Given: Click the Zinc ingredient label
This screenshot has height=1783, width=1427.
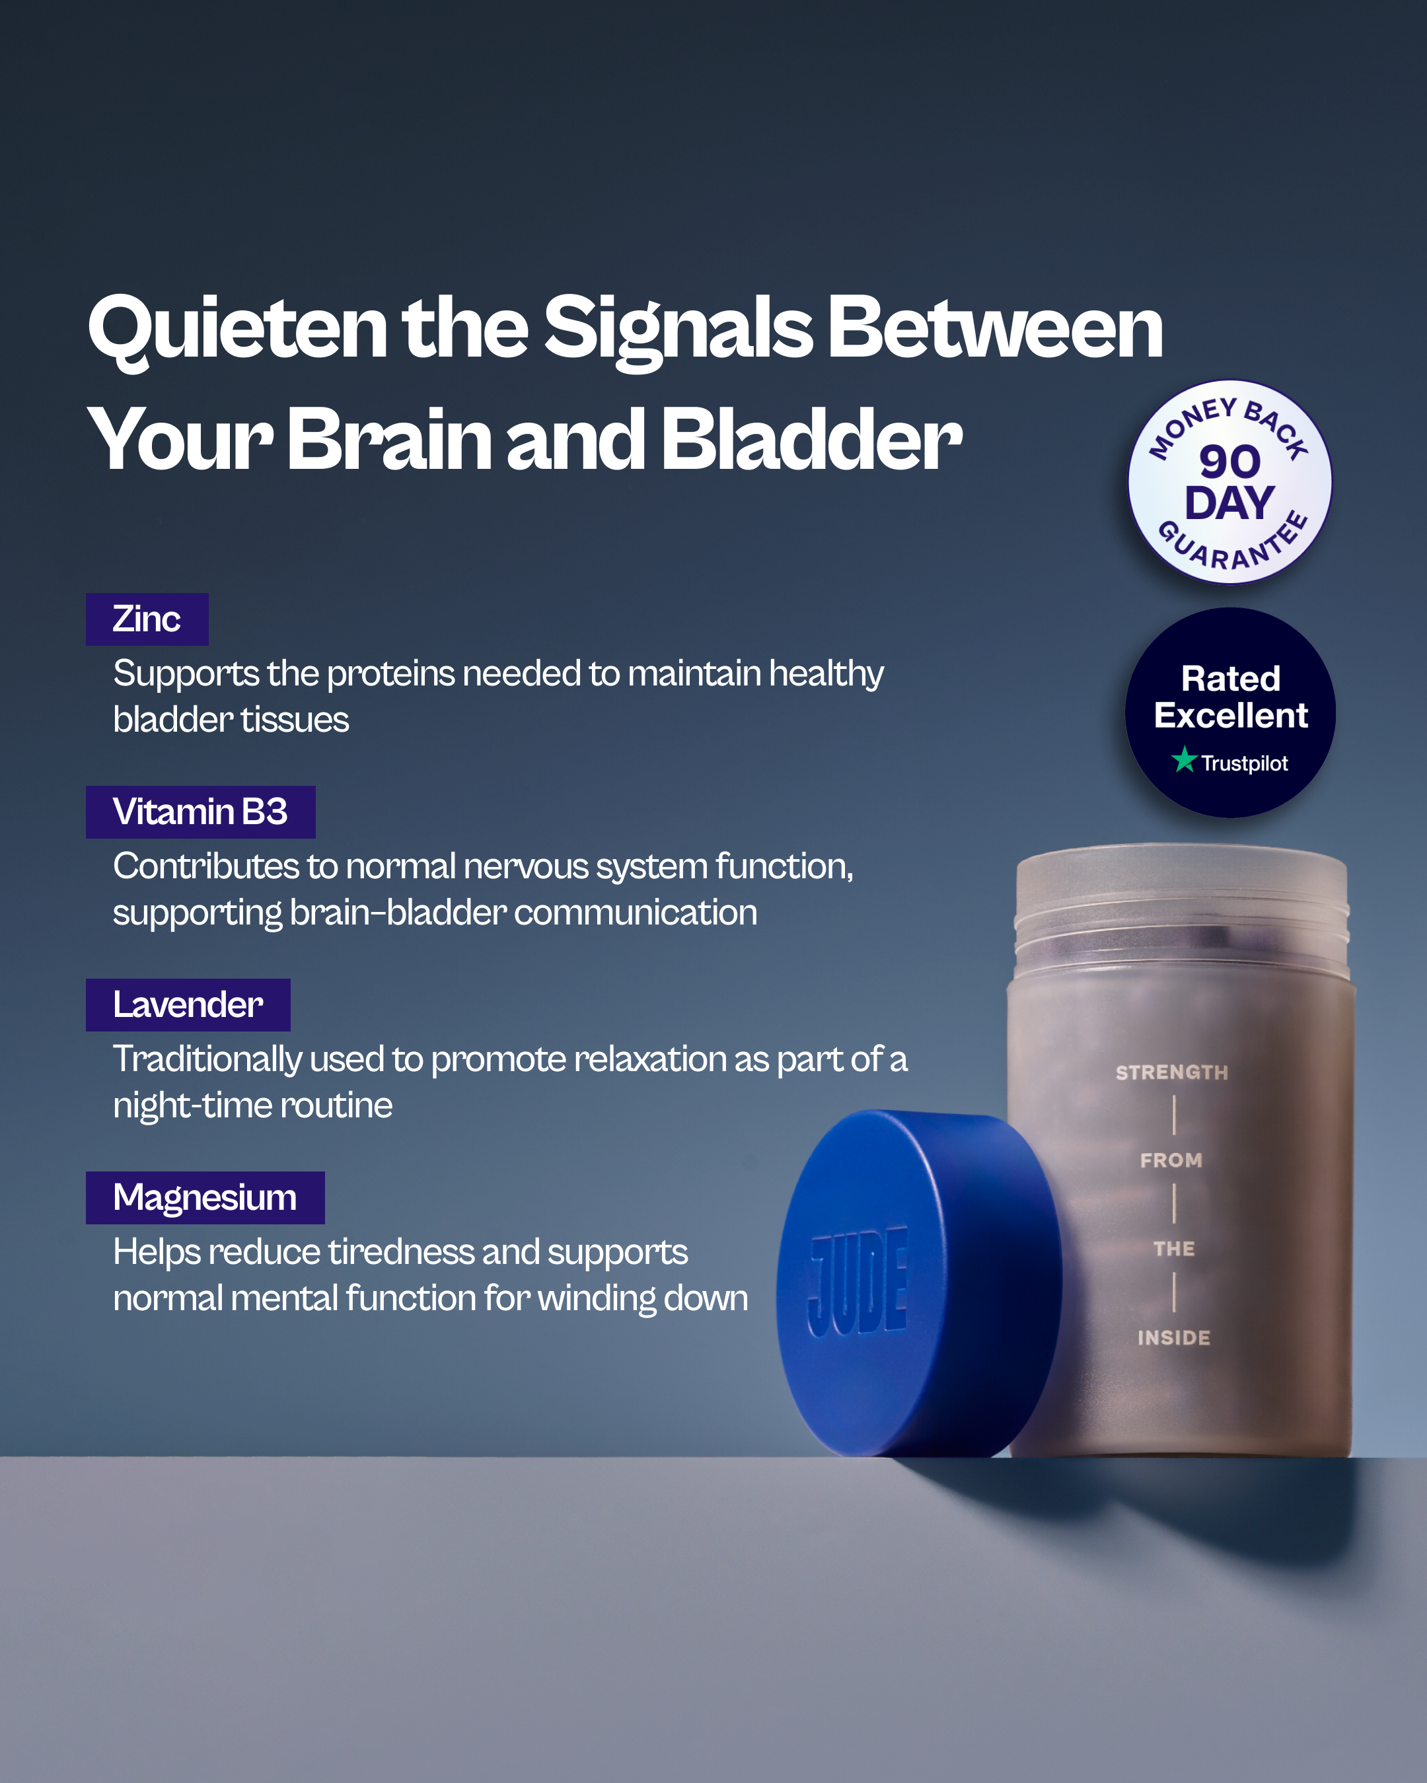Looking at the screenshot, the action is (147, 619).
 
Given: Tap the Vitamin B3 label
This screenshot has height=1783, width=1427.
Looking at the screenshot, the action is (200, 812).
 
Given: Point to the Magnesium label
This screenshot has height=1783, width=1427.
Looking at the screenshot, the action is (205, 1197).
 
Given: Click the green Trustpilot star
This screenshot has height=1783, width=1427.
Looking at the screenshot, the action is (1185, 759).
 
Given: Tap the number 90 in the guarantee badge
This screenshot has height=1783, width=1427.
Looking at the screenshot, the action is (1230, 462).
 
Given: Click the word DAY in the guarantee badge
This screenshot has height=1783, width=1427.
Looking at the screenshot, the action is (1229, 503).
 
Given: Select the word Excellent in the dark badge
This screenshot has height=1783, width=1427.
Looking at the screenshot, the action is (1231, 715).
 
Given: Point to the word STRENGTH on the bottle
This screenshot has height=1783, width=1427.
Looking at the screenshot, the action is (1172, 1072).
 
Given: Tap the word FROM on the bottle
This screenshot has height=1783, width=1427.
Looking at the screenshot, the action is (1171, 1160).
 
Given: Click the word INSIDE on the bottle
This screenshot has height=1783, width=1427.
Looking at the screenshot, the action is (1174, 1337).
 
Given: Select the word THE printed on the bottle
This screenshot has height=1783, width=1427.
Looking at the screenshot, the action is (1175, 1249).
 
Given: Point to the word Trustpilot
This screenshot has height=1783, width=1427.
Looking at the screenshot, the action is (1244, 763).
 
